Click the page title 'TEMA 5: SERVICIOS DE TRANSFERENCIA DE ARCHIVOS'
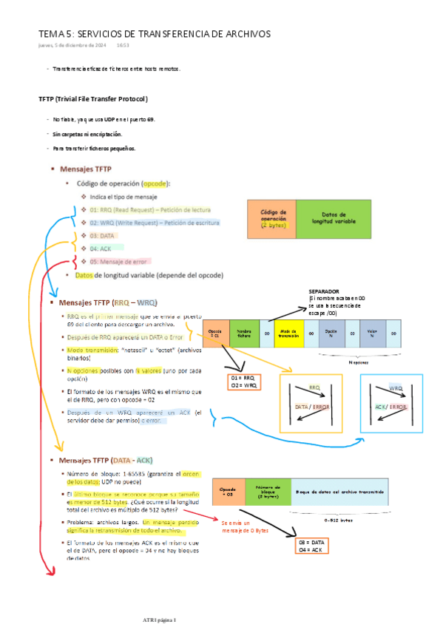coord(155,34)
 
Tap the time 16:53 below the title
coord(123,45)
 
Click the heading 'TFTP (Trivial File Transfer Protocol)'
coord(93,98)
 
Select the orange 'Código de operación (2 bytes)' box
coord(271,218)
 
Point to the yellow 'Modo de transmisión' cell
coord(288,333)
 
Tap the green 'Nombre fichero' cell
coord(245,333)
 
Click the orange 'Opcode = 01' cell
coord(215,333)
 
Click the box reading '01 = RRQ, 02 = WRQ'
coord(243,382)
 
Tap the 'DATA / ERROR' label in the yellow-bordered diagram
coord(311,407)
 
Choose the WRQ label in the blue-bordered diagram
coord(395,387)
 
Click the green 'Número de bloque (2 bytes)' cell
coord(267,492)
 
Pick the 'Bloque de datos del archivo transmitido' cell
coord(339,492)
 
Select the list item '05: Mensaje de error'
coord(120,261)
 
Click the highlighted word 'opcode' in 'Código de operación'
coord(155,183)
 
